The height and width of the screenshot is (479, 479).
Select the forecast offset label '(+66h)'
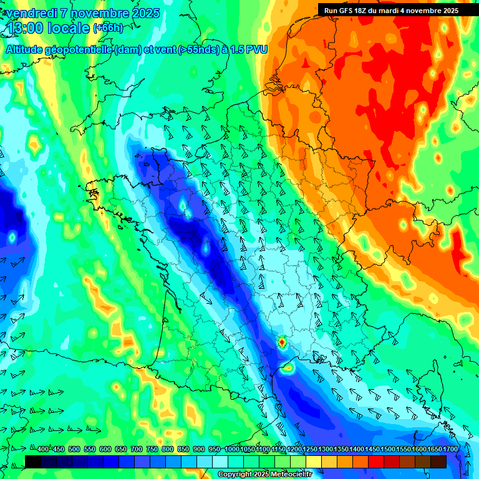point(107,28)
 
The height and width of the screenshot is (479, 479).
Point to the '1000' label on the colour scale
point(232,450)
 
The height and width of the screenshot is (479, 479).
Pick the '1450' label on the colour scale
point(372,450)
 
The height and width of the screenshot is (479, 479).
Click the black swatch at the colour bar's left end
point(33,462)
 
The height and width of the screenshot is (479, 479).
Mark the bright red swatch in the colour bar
point(376,462)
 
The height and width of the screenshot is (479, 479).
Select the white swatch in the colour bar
point(220,462)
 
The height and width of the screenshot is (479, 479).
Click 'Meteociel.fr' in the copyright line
point(289,475)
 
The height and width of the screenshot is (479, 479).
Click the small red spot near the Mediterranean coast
point(282,342)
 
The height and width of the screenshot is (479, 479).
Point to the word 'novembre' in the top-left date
point(95,13)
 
